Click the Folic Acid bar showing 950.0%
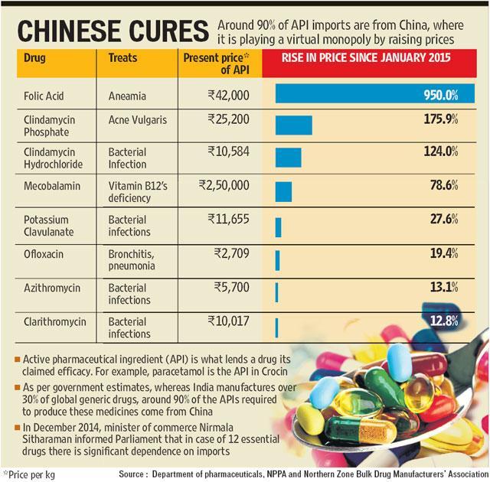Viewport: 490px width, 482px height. pos(375,93)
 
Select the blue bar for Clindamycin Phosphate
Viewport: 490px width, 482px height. pos(294,125)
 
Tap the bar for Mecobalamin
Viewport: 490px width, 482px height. pos(283,192)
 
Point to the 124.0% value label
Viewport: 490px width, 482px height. pos(441,151)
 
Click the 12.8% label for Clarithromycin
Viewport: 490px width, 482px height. pos(444,321)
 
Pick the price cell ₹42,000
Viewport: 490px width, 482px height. pos(229,95)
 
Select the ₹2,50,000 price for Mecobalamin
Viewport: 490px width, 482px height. pos(224,185)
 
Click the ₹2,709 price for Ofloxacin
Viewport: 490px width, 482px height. pos(231,253)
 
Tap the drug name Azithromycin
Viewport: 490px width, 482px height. pos(52,288)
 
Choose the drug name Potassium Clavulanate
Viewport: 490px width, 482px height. pos(49,226)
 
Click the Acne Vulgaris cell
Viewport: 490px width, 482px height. pos(138,120)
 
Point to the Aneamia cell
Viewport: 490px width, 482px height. pos(127,96)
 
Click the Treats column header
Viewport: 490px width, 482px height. pos(122,57)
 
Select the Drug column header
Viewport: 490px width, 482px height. pos(34,57)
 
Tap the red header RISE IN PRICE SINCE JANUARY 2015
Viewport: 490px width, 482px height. pos(366,57)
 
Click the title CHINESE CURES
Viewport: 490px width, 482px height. pos(113,31)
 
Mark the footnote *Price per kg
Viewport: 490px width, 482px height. pos(29,475)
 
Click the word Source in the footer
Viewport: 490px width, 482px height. pos(131,474)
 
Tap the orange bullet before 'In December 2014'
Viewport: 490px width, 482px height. pos(18,427)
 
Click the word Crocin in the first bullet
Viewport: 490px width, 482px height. pos(274,372)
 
